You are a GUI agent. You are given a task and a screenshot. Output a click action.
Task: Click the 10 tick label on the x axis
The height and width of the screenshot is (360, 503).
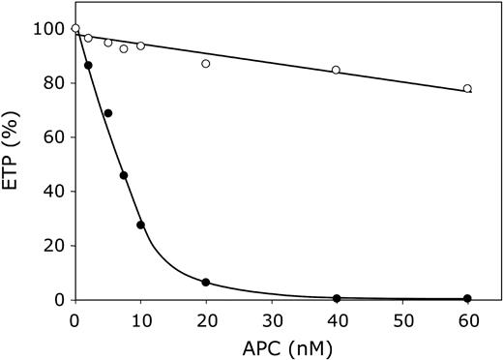coord(140,317)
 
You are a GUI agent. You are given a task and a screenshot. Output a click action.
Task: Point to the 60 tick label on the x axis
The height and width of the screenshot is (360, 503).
coord(467,317)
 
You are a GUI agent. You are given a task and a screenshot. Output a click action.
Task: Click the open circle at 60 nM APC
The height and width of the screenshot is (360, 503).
coord(467,89)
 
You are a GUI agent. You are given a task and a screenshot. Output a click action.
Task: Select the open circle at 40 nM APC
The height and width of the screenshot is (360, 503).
coord(336,70)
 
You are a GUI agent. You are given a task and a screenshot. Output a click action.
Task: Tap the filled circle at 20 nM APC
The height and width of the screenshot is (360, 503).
coord(205,283)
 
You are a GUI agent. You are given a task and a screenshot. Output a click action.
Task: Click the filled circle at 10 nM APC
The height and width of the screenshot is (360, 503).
coord(140,225)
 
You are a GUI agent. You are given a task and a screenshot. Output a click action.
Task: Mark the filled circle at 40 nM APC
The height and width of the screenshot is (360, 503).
coord(336,298)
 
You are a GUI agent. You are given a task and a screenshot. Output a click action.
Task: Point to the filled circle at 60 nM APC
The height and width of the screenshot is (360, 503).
coord(467,298)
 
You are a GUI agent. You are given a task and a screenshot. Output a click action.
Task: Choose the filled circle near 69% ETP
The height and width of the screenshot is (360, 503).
coord(107,113)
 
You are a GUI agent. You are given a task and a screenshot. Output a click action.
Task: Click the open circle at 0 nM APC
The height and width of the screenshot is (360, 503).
coord(75,29)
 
